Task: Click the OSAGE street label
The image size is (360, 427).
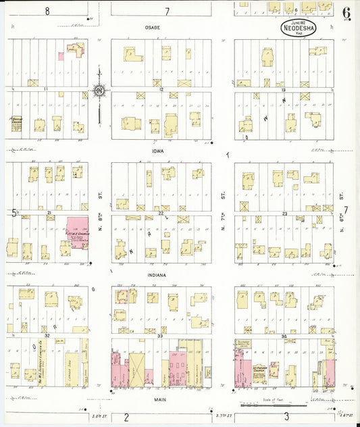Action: click(x=151, y=28)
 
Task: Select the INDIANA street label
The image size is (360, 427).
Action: click(x=161, y=275)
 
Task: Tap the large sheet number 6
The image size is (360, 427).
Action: click(x=346, y=13)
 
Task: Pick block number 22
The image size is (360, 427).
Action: click(x=161, y=213)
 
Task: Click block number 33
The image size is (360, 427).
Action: click(x=161, y=336)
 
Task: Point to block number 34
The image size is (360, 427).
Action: click(x=284, y=336)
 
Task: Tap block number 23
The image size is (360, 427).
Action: click(x=285, y=213)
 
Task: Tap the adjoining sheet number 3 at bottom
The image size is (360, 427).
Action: click(x=286, y=417)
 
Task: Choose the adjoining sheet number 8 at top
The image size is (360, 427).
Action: click(x=47, y=11)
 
